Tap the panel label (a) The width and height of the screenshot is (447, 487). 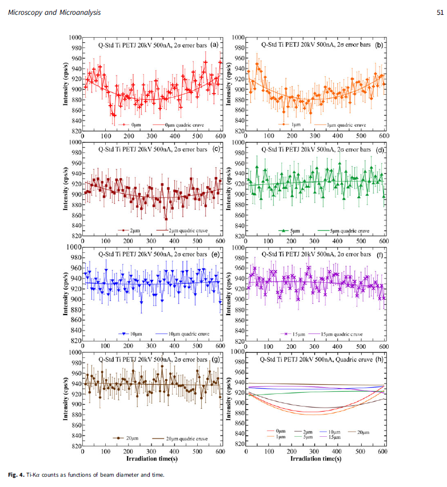coord(214,44)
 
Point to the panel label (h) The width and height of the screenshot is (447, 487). coord(378,359)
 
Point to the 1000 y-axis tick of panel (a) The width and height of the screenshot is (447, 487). coord(75,38)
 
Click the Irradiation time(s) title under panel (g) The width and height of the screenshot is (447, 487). coord(151,458)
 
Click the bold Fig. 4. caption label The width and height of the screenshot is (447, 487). coord(17,475)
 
